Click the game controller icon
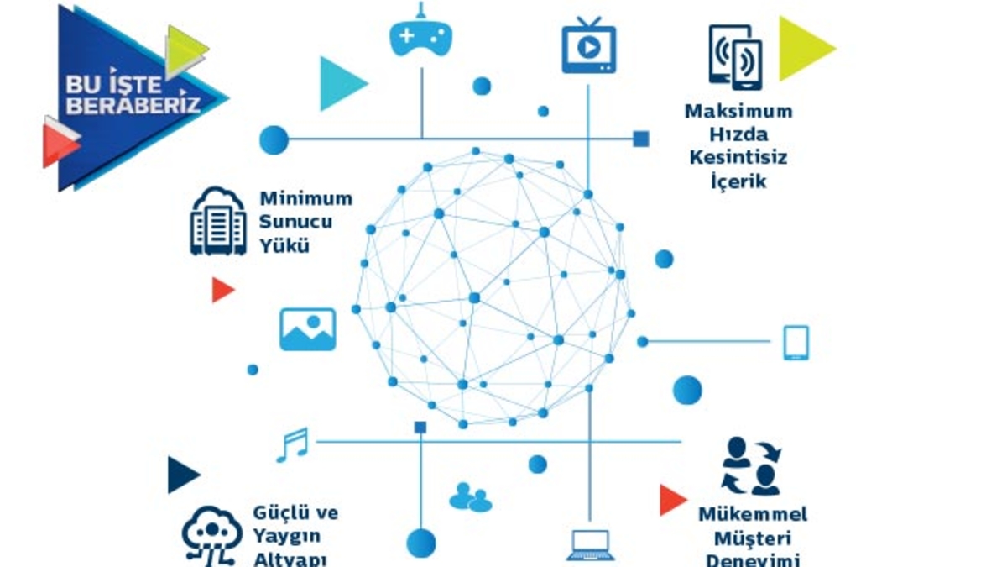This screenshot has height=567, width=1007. pyautogui.click(x=421, y=37)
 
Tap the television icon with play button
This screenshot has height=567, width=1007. pyautogui.click(x=588, y=46)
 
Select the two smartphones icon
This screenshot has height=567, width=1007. pyautogui.click(x=735, y=56)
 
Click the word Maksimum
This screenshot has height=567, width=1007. pyautogui.click(x=738, y=111)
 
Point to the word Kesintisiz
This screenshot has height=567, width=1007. pyautogui.click(x=738, y=157)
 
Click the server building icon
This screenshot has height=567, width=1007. pyautogui.click(x=218, y=221)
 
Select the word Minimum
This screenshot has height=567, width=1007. pyautogui.click(x=305, y=199)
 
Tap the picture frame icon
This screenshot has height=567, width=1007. pyautogui.click(x=307, y=328)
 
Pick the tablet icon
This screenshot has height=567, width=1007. pyautogui.click(x=796, y=343)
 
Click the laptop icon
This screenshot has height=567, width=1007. pyautogui.click(x=591, y=545)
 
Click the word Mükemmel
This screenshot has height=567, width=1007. pyautogui.click(x=753, y=514)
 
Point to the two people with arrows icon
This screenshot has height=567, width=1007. pyautogui.click(x=751, y=465)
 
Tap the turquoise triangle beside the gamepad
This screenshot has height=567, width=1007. pyautogui.click(x=338, y=83)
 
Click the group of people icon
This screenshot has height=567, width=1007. pyautogui.click(x=470, y=497)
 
